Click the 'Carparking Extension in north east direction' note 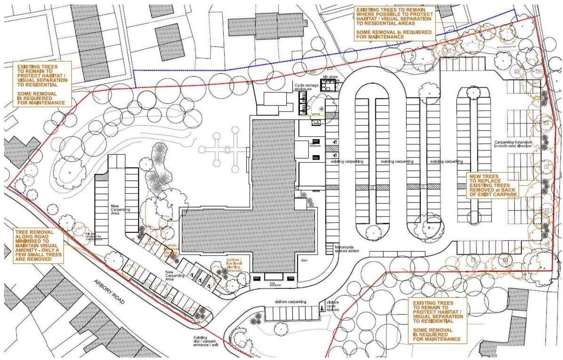pos(514,144)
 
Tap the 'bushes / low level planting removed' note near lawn pos(233,266)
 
